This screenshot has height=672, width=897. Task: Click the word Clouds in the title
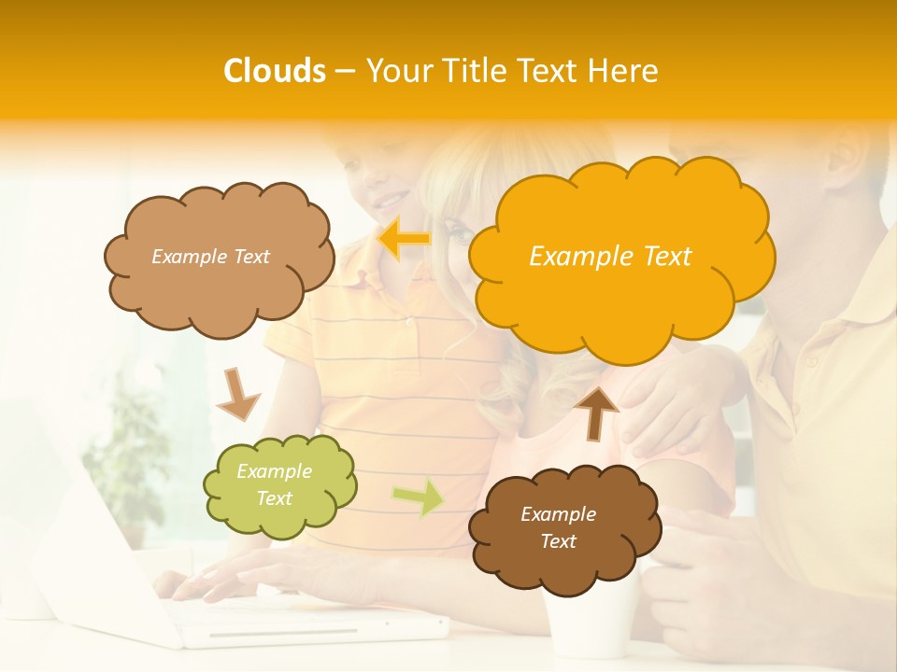(275, 71)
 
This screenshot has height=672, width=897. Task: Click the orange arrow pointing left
(404, 239)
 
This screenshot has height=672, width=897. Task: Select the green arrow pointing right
(418, 497)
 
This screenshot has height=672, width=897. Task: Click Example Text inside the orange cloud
(610, 257)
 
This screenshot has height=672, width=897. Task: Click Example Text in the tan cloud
(210, 257)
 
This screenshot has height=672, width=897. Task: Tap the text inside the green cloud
(275, 485)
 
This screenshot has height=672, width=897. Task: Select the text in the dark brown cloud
(558, 527)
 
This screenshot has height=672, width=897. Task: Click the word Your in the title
(401, 71)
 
